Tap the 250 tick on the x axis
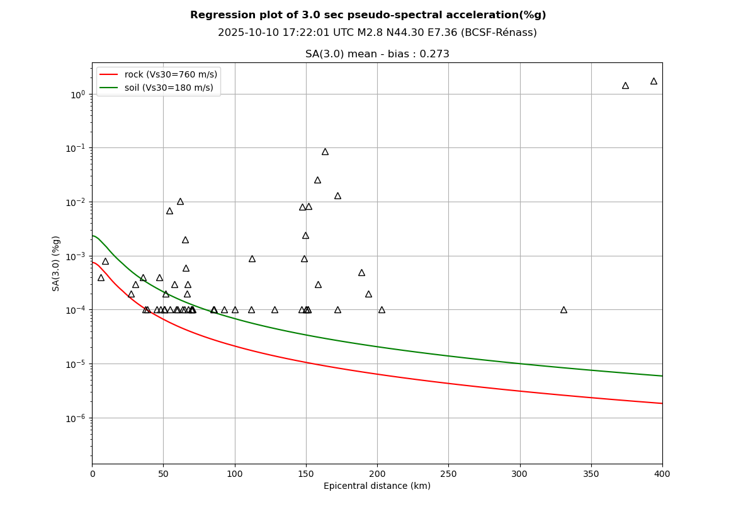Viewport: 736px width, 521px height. (448, 474)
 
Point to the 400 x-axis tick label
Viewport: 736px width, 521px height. (662, 474)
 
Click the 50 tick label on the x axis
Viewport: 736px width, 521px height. (163, 474)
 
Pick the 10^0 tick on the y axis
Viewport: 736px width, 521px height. (77, 94)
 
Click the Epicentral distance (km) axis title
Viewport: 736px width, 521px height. (377, 486)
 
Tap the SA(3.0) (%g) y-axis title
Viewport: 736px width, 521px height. (57, 263)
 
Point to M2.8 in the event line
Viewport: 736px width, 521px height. (343, 33)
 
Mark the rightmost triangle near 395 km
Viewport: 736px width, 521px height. (654, 81)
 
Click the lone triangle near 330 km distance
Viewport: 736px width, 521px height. (563, 310)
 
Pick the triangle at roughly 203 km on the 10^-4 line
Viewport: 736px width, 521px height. (382, 310)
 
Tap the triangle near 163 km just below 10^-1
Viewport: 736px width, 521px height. (325, 152)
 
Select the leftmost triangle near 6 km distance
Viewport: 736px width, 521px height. (101, 278)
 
